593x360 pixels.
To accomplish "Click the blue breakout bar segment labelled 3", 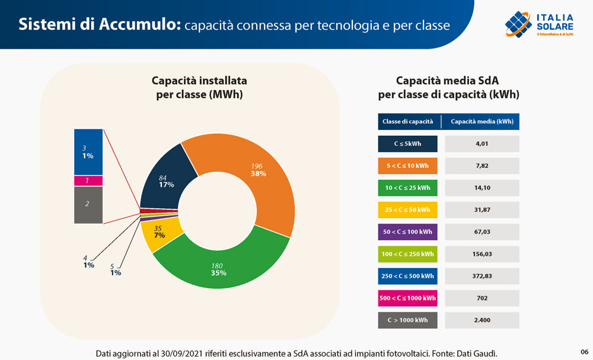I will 88,151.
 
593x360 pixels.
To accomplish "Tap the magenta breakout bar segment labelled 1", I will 88,180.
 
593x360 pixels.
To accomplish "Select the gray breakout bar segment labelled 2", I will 88,205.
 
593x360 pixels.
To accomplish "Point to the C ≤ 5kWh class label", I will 407,144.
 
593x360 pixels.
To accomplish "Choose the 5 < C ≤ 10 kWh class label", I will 407,166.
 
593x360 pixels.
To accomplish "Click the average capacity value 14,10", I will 482,188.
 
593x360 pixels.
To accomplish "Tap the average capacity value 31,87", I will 482,210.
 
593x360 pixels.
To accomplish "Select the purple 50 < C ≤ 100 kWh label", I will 407,232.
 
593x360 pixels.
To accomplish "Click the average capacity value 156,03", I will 482,254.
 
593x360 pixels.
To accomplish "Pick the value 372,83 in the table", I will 482,276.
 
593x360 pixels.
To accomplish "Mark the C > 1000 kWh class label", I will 407,320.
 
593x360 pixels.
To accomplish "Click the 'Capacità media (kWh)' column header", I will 482,122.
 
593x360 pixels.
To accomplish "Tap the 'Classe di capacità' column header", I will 407,122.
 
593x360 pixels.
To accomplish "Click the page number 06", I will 584,351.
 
